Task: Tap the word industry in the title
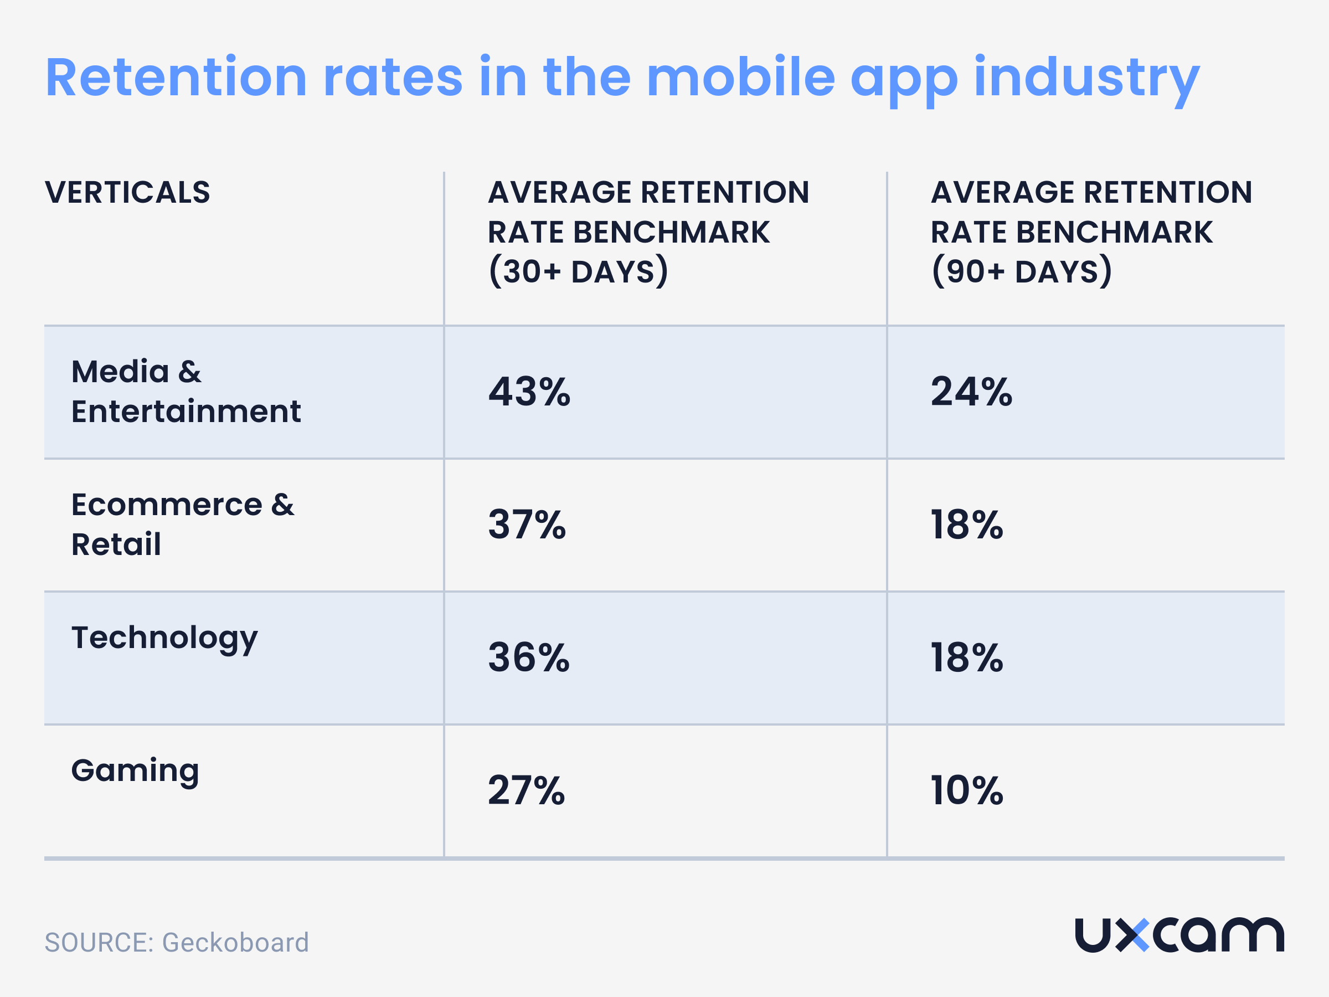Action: (x=1086, y=78)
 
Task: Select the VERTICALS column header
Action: (x=127, y=192)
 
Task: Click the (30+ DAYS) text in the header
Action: (x=578, y=271)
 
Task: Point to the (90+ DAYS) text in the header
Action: (x=1021, y=271)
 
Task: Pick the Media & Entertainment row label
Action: (x=186, y=391)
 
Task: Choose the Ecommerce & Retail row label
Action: (x=182, y=524)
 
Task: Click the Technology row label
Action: (x=164, y=638)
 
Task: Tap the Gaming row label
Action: (x=135, y=771)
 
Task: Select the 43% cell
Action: (x=529, y=392)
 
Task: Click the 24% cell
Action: (x=971, y=392)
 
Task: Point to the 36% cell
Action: (x=529, y=657)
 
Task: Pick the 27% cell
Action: (x=526, y=790)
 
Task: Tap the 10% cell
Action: (x=967, y=790)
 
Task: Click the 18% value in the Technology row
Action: (x=967, y=657)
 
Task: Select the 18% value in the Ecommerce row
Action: (x=967, y=525)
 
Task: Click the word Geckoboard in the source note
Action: (x=235, y=942)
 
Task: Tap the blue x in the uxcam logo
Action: (x=1132, y=935)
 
